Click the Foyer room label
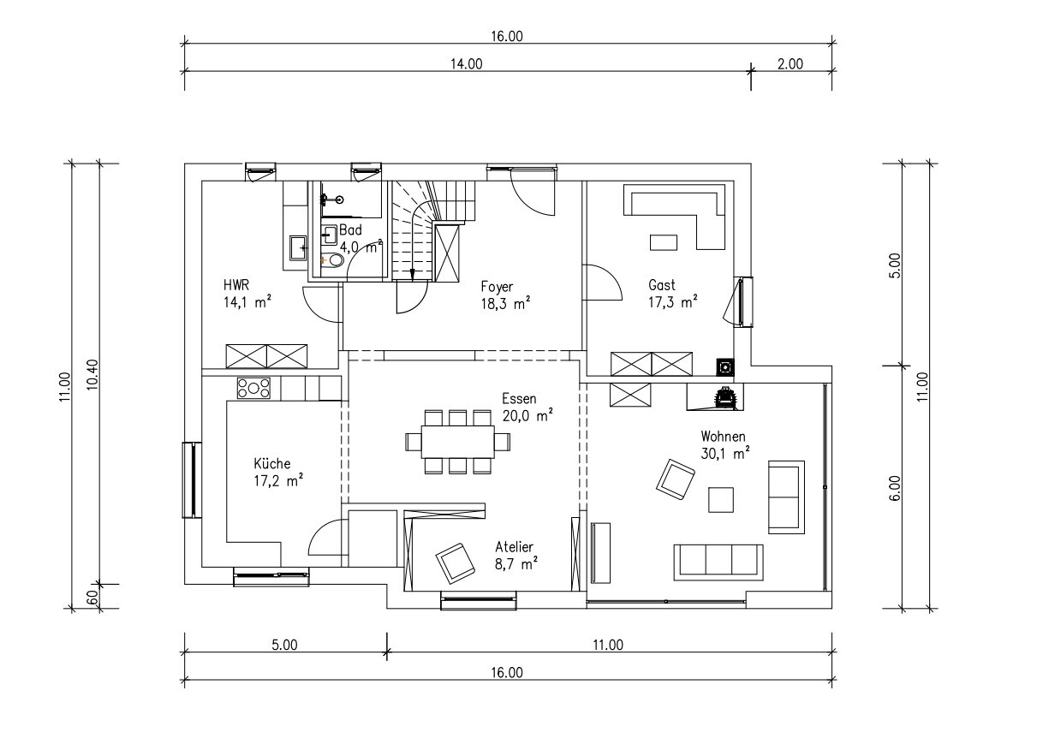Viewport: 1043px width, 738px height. (497, 286)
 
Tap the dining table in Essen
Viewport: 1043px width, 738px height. (458, 442)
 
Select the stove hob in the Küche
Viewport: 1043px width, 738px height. (253, 389)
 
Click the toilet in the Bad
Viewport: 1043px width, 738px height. (333, 260)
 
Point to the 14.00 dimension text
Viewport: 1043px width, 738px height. (466, 64)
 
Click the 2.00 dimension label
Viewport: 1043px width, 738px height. (790, 64)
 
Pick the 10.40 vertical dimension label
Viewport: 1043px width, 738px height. (92, 374)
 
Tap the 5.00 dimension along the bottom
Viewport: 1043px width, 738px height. (284, 645)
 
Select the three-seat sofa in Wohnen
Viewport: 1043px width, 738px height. (718, 562)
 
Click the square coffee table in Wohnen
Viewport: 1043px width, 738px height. (721, 500)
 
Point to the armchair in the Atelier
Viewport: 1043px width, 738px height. (456, 563)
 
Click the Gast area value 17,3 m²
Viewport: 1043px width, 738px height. (673, 302)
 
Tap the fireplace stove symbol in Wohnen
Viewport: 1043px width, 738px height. (724, 397)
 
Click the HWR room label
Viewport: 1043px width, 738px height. (236, 284)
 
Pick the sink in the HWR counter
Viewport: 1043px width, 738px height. (298, 247)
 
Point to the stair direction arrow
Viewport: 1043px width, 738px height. (412, 274)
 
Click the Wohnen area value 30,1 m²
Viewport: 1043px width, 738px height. (725, 453)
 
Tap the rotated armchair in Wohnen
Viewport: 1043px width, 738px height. (675, 479)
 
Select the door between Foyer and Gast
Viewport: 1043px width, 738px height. (603, 283)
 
